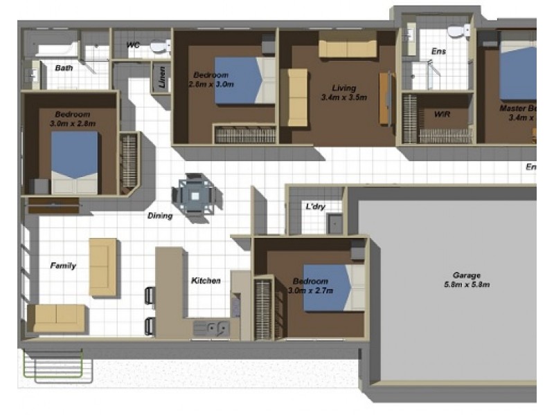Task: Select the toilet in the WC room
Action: (x=159, y=47)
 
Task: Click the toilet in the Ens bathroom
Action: (x=458, y=31)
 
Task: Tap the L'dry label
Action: (x=316, y=207)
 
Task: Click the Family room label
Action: (x=63, y=266)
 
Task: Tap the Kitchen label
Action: (x=206, y=281)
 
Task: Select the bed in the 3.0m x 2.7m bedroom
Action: (x=333, y=288)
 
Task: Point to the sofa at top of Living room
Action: (x=348, y=46)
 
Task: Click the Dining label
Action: (x=160, y=216)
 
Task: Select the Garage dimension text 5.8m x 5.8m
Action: (x=467, y=284)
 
